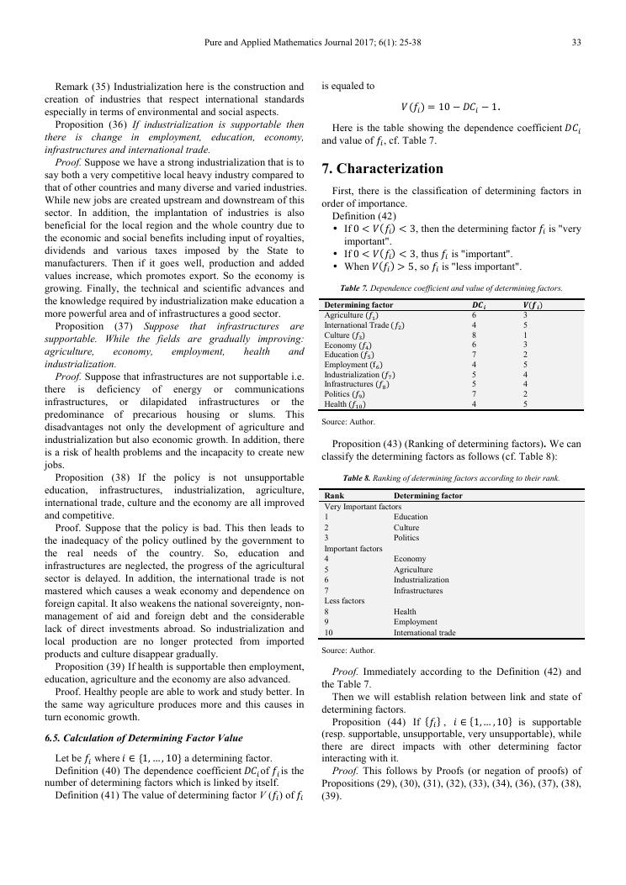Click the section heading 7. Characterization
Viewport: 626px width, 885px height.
[x=382, y=168]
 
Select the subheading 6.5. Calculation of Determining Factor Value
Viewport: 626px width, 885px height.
[x=144, y=738]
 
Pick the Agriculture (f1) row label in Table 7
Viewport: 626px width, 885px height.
[x=351, y=314]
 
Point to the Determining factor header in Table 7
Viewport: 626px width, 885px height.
[x=358, y=304]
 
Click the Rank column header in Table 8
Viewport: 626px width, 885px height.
[x=334, y=496]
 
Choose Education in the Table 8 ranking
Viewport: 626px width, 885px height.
[x=411, y=517]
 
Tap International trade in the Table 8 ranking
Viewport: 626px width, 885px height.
[x=425, y=633]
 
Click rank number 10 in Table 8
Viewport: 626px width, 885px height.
[x=329, y=633]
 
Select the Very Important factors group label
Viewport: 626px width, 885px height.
[x=363, y=507]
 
